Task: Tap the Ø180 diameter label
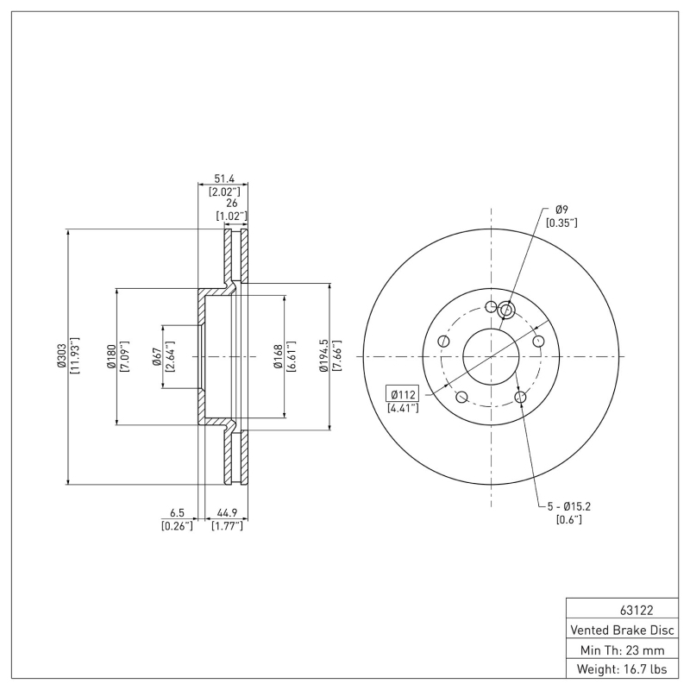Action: [111, 357]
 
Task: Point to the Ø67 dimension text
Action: [157, 357]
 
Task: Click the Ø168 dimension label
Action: [278, 357]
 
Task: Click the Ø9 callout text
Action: [561, 210]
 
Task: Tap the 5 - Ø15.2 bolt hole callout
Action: [569, 506]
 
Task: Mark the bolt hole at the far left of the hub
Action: [443, 341]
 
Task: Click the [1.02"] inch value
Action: [231, 216]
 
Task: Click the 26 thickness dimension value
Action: [231, 204]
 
